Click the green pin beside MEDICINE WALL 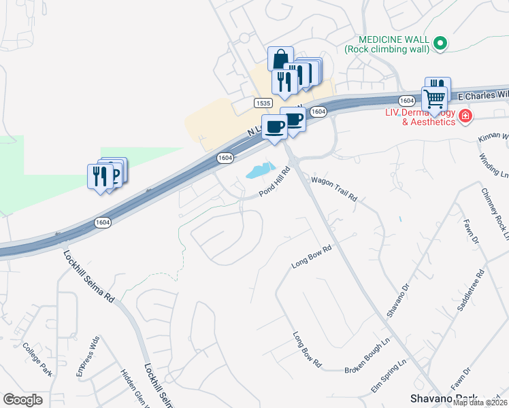(x=440, y=44)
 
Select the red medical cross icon (x=465, y=117)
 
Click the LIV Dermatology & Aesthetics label (x=420, y=117)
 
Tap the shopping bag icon (x=280, y=59)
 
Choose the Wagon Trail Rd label (x=334, y=190)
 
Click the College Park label (x=37, y=360)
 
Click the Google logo (x=22, y=400)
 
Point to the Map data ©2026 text (x=480, y=403)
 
